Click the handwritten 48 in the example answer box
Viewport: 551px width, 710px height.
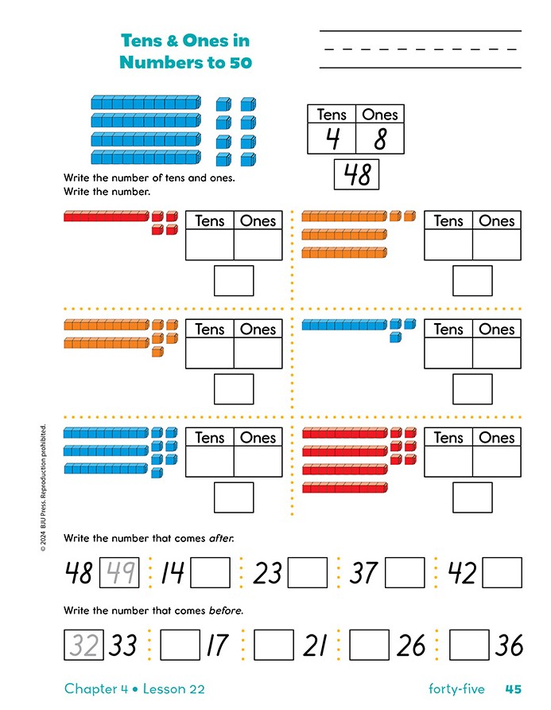357,174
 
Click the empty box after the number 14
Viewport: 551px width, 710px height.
211,572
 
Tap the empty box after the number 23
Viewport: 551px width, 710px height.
307,572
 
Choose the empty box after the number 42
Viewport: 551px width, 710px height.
502,572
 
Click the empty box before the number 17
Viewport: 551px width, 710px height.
180,645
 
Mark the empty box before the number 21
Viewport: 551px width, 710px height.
274,645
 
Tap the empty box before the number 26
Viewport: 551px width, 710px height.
370,645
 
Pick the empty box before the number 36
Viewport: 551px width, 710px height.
469,645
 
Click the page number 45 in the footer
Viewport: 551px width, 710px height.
513,689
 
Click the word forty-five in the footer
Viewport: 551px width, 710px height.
456,689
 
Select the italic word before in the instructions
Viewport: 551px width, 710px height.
225,611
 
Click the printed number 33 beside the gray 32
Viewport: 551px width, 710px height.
123,646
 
